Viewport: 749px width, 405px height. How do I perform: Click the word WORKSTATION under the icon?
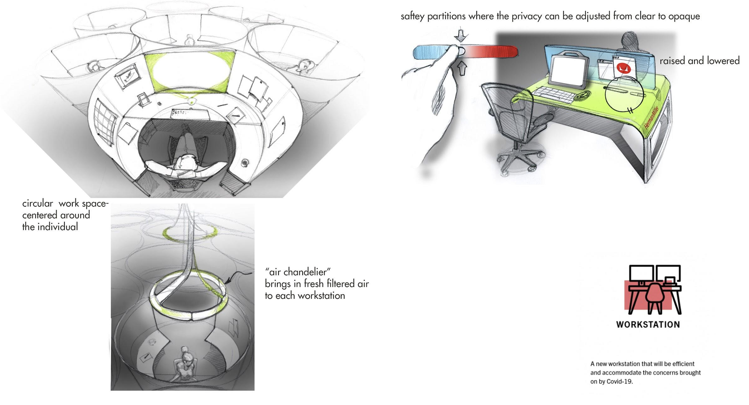tap(648, 325)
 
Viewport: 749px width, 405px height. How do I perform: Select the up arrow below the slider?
tap(462, 69)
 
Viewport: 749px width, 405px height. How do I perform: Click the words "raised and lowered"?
tap(699, 61)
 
